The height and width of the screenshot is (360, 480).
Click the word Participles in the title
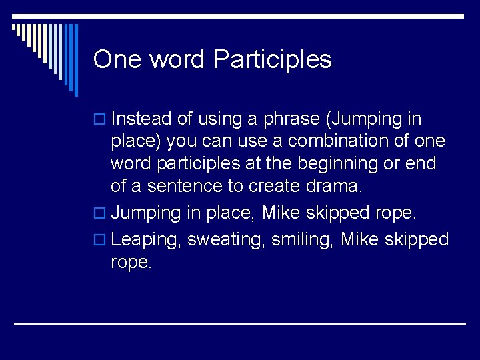click(272, 60)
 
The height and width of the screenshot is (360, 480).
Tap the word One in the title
click(117, 59)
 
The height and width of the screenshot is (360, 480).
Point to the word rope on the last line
click(131, 263)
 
